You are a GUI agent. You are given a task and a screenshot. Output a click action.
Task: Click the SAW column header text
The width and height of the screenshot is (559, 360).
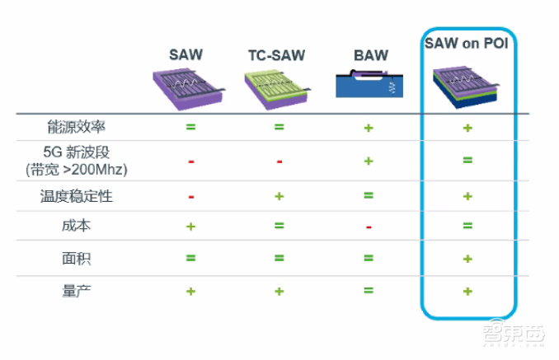click(x=188, y=55)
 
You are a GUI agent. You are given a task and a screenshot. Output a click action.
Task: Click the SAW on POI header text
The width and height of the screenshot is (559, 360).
click(x=467, y=42)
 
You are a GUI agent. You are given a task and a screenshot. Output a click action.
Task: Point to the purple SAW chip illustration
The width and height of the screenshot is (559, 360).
click(x=188, y=86)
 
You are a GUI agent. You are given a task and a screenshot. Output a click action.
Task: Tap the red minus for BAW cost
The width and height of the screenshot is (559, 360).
click(x=369, y=227)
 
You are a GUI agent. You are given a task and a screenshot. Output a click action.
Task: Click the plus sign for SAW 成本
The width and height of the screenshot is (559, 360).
click(x=190, y=226)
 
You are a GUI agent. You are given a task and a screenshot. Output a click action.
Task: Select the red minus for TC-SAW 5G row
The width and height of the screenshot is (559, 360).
click(x=279, y=161)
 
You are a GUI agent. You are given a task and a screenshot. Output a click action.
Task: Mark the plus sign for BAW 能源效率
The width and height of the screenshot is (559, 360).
click(x=369, y=129)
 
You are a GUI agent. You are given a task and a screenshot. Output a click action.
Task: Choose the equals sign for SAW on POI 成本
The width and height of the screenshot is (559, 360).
click(x=467, y=226)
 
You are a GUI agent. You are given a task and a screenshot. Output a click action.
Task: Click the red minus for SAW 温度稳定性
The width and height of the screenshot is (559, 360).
click(x=190, y=197)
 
